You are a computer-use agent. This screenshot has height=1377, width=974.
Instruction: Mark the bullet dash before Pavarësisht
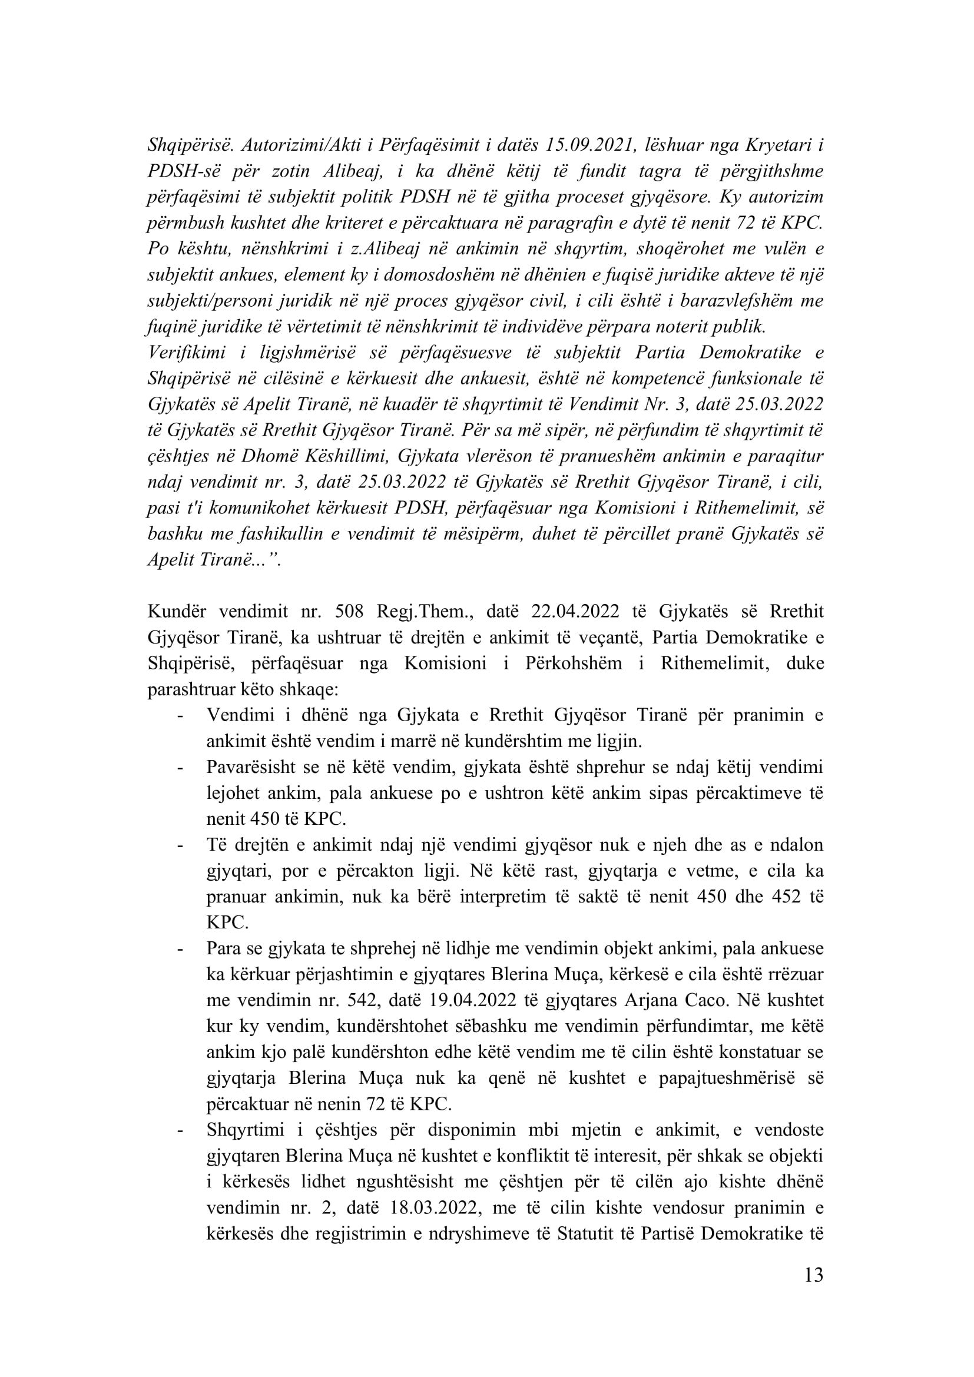coord(180,768)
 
